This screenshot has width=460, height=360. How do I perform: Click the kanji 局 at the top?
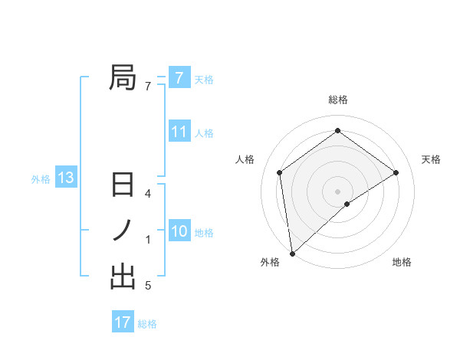point(123,78)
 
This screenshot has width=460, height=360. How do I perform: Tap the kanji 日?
point(123,186)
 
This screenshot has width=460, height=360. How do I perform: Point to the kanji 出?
point(123,277)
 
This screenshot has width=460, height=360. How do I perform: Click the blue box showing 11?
point(179,132)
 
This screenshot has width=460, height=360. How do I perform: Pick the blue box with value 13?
point(65,178)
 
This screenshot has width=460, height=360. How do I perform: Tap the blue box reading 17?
point(123,322)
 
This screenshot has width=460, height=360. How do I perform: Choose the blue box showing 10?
point(179,231)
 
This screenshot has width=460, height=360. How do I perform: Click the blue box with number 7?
point(179,77)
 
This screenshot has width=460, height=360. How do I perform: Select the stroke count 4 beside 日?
point(148,194)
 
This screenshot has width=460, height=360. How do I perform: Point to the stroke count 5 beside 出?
point(148,286)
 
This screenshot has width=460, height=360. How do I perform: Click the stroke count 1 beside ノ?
point(148,240)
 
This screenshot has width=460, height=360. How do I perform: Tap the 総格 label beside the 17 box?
point(147,324)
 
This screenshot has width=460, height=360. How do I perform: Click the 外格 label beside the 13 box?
point(41,179)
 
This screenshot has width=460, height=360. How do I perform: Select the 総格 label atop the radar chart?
point(337,100)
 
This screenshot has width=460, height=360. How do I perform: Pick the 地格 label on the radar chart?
point(402,263)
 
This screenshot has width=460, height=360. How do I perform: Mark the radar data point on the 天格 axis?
point(396,172)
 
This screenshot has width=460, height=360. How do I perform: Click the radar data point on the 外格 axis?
point(292,253)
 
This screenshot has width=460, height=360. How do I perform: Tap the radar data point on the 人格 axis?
point(280,172)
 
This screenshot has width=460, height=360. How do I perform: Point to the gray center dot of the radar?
point(337,191)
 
